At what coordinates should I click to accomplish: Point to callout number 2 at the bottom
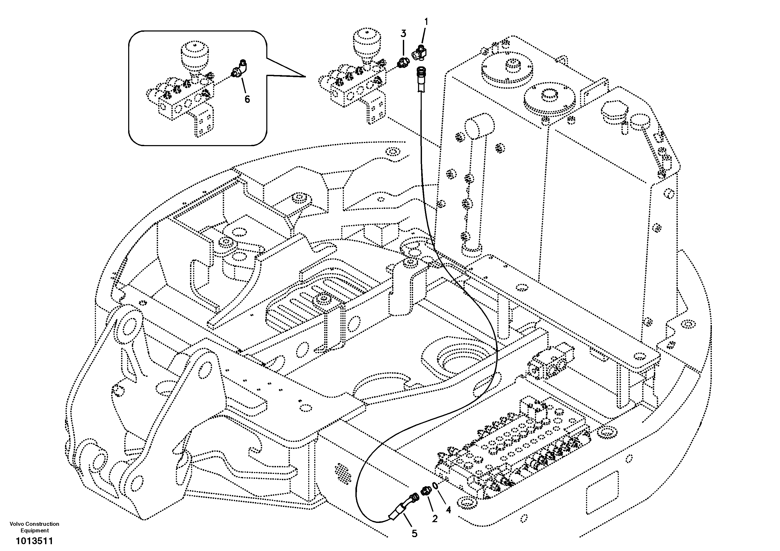(435, 518)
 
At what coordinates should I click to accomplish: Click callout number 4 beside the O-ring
(448, 510)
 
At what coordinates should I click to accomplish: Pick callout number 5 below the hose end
(414, 534)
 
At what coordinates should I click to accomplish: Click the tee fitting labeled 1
(420, 53)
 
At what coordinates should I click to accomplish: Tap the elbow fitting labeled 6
(240, 69)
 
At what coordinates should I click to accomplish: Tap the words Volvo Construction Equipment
(34, 527)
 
